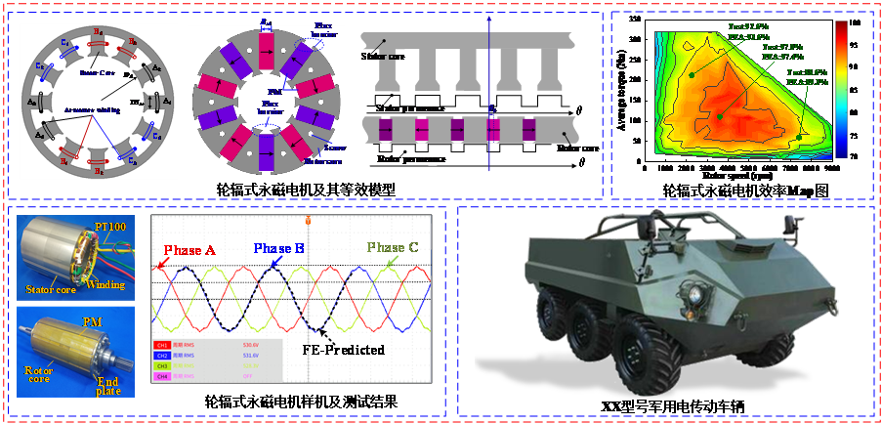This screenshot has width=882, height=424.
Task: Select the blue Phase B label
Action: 280,248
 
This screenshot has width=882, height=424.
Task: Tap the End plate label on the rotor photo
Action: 106,384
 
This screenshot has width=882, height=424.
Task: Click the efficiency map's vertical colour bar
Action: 841,88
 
